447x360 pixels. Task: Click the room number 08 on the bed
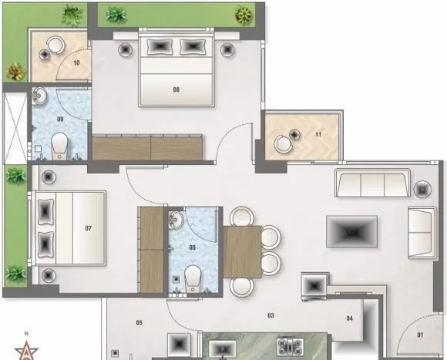point(176,89)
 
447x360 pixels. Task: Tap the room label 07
point(89,228)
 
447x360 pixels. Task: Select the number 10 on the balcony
point(77,63)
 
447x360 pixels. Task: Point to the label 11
point(318,136)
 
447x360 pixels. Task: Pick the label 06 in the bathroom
point(192,248)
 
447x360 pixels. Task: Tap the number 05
point(139,321)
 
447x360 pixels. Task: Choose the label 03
point(271,316)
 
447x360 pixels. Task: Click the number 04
point(349,318)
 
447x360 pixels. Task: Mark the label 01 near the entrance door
point(421,335)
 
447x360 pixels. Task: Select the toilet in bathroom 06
point(193,277)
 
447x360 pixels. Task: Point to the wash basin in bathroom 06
point(177,220)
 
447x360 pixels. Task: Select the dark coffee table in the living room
point(351,230)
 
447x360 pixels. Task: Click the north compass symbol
point(28,348)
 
